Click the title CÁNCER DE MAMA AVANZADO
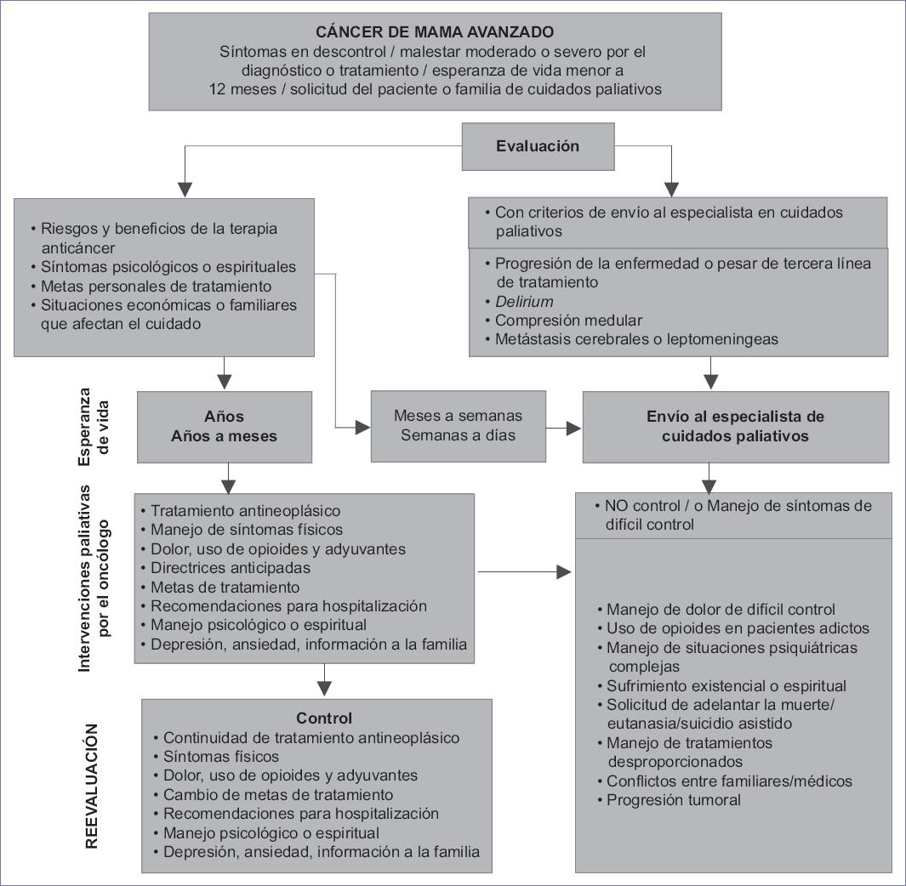point(435,32)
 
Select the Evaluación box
point(537,146)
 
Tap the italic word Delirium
point(524,302)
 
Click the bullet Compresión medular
point(568,321)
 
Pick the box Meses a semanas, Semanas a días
point(458,426)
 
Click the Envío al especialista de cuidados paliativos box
point(735,427)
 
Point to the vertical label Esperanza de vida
point(93,427)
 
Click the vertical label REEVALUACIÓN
point(94,786)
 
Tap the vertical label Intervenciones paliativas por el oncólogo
point(93,578)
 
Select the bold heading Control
point(323,718)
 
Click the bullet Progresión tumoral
point(673,800)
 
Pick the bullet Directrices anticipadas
point(230,568)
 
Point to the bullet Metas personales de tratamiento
point(157,287)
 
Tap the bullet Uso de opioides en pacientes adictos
point(738,628)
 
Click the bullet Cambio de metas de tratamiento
point(277,795)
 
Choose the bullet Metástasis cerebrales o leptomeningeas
point(636,339)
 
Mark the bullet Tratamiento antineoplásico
point(245,511)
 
